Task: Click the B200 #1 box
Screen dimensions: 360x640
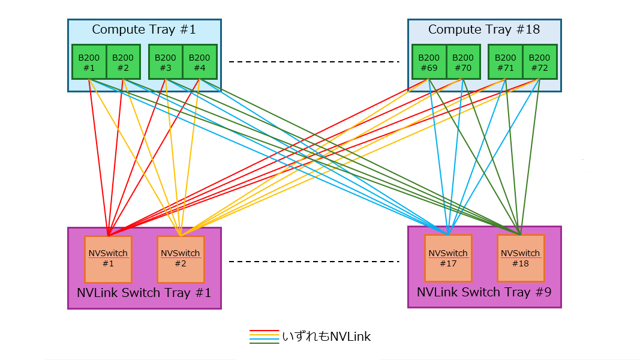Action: tap(89, 62)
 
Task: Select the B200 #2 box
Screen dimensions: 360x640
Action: tap(123, 62)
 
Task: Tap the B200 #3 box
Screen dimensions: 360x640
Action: tap(166, 62)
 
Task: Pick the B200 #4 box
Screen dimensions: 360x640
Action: tap(200, 62)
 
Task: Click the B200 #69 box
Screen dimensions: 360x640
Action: tap(429, 62)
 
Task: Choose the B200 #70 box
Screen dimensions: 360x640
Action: tap(463, 62)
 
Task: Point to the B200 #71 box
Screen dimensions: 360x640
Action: tap(506, 62)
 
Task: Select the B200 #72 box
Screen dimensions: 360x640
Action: tap(540, 62)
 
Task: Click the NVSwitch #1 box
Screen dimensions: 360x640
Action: tap(108, 259)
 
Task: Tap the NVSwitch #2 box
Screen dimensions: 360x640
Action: tap(181, 259)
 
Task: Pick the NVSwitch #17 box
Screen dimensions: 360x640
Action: tap(448, 258)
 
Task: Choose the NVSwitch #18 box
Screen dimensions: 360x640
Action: tap(521, 258)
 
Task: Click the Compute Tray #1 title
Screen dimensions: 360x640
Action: tap(144, 29)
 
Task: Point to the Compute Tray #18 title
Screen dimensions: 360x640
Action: tap(484, 29)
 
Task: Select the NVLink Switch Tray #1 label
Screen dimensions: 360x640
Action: tap(144, 293)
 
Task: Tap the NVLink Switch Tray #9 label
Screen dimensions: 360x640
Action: tap(484, 293)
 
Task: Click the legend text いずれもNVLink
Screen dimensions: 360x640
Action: tap(327, 337)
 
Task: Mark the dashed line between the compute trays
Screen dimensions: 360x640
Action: tap(314, 62)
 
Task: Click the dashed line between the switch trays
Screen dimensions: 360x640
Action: tap(314, 262)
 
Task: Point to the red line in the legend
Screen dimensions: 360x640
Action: tap(264, 331)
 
